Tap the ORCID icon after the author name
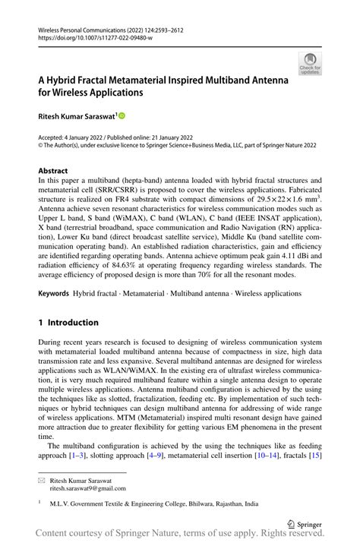pyautogui.click(x=121, y=115)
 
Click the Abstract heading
pyautogui.click(x=53, y=171)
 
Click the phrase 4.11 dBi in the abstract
pyautogui.click(x=268, y=256)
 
